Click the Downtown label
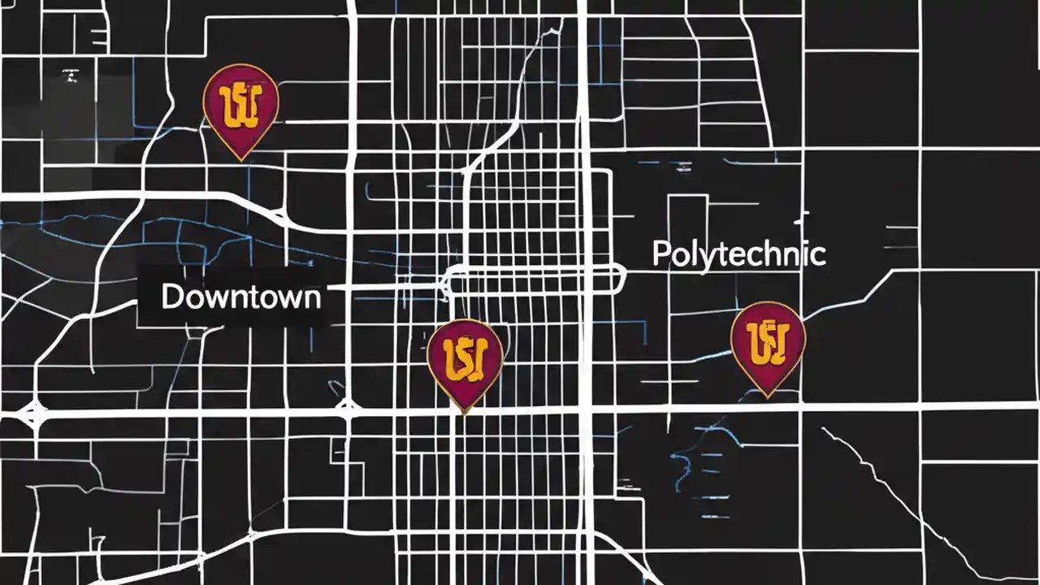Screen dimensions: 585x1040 pyautogui.click(x=240, y=297)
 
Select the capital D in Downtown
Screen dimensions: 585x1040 pyautogui.click(x=172, y=297)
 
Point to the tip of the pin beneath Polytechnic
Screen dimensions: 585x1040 pyautogui.click(x=767, y=396)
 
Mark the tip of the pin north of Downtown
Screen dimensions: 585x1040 pyautogui.click(x=240, y=159)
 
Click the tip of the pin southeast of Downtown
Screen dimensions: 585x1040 pyautogui.click(x=464, y=413)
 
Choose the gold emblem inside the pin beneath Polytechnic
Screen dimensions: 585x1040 pyautogui.click(x=768, y=340)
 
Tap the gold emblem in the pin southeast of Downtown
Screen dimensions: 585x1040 pyautogui.click(x=465, y=356)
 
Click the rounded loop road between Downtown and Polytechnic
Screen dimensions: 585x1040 pyautogui.click(x=536, y=279)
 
